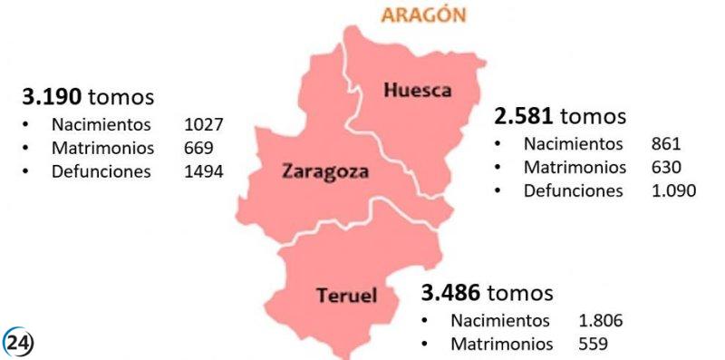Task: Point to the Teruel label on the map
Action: [346, 295]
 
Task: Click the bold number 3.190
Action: [53, 96]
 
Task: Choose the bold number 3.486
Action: [451, 293]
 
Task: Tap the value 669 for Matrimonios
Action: [197, 148]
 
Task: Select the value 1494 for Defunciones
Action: [203, 171]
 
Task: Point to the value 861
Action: [665, 143]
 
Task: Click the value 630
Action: [665, 167]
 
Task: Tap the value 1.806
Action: [600, 320]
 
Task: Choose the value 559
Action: [593, 344]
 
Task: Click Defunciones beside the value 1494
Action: [101, 171]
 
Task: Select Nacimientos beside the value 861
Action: [573, 143]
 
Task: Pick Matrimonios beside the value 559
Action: [501, 344]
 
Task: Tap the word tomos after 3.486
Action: [519, 293]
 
